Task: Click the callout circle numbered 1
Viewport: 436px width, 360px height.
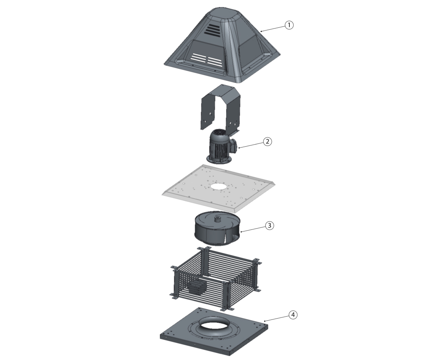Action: [x=289, y=25]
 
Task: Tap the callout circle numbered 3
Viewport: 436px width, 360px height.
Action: [x=270, y=226]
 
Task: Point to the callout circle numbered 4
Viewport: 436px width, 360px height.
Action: [x=293, y=315]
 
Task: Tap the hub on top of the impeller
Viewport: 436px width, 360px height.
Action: [x=217, y=219]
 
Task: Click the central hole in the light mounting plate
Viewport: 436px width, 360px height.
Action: [x=218, y=186]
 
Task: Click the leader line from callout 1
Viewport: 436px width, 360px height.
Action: [x=273, y=28]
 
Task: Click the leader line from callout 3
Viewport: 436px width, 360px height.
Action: [x=253, y=229]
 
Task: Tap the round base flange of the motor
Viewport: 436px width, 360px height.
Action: [x=219, y=160]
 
